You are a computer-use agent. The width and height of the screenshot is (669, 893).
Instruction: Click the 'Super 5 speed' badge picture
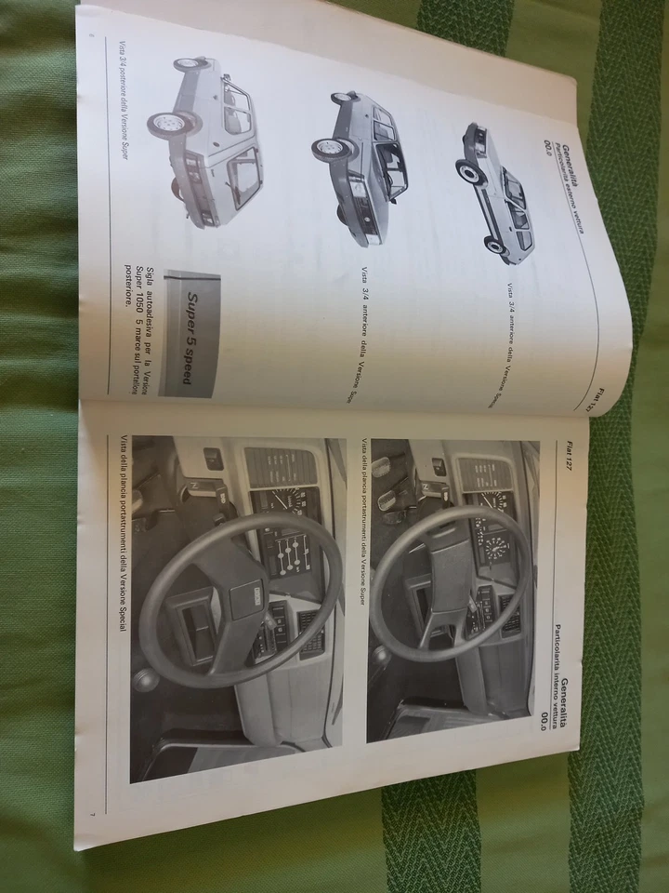[x=193, y=333]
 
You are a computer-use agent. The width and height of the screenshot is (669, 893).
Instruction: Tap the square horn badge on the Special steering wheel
[x=253, y=593]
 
